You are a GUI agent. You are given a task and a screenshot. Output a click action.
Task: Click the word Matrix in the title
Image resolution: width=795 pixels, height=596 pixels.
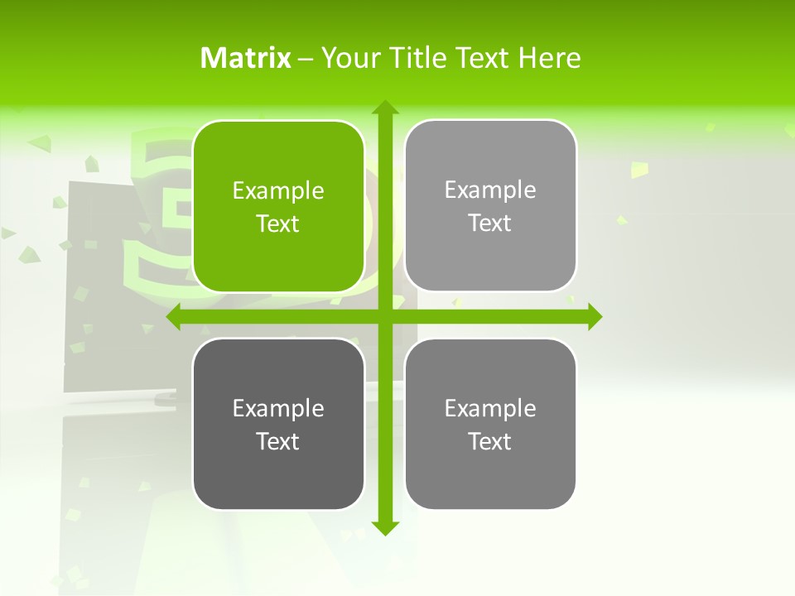246,58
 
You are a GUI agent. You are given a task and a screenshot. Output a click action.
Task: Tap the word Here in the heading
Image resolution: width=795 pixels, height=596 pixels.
550,58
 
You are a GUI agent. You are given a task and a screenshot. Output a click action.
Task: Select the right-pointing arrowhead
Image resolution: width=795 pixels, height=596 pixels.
595,317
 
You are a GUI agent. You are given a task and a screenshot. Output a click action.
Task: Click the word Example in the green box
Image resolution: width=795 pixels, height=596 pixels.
278,191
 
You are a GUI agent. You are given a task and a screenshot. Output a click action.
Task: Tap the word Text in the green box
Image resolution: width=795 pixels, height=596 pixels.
278,224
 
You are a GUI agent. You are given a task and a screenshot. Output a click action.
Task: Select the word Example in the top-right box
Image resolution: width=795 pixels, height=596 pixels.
490,190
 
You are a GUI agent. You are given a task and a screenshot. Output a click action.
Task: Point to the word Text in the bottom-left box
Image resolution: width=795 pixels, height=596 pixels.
278,441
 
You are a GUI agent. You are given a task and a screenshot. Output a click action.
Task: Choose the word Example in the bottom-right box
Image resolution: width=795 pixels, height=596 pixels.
490,408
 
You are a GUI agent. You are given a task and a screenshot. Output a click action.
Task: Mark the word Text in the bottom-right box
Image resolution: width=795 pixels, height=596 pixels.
490,441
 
